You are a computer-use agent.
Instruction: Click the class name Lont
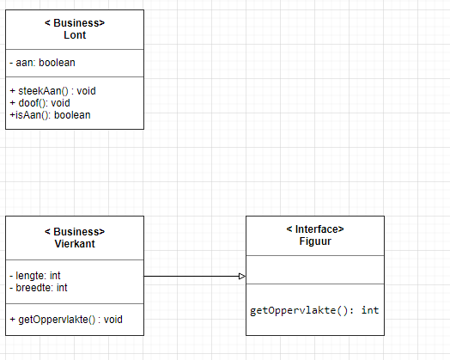click(x=75, y=35)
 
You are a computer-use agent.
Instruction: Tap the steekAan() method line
click(x=52, y=91)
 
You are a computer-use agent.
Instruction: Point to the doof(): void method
click(x=40, y=103)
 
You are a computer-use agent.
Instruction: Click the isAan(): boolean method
click(x=50, y=115)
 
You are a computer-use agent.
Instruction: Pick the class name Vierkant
click(x=75, y=244)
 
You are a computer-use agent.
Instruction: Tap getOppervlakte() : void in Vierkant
click(x=66, y=320)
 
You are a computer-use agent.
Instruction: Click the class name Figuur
click(x=315, y=241)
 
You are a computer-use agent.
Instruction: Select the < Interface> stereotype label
click(x=315, y=229)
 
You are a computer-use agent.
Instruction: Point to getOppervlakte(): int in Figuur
click(x=314, y=311)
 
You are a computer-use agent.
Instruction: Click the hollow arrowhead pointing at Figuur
click(x=242, y=276)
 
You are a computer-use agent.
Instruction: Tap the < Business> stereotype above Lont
click(x=75, y=23)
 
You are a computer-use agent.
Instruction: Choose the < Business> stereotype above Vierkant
click(x=75, y=232)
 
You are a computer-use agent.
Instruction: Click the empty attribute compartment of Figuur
click(x=315, y=270)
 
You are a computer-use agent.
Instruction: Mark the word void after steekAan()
click(x=86, y=91)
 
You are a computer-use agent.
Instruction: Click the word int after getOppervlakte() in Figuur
click(x=370, y=310)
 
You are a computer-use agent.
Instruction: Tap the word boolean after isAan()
click(x=72, y=115)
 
